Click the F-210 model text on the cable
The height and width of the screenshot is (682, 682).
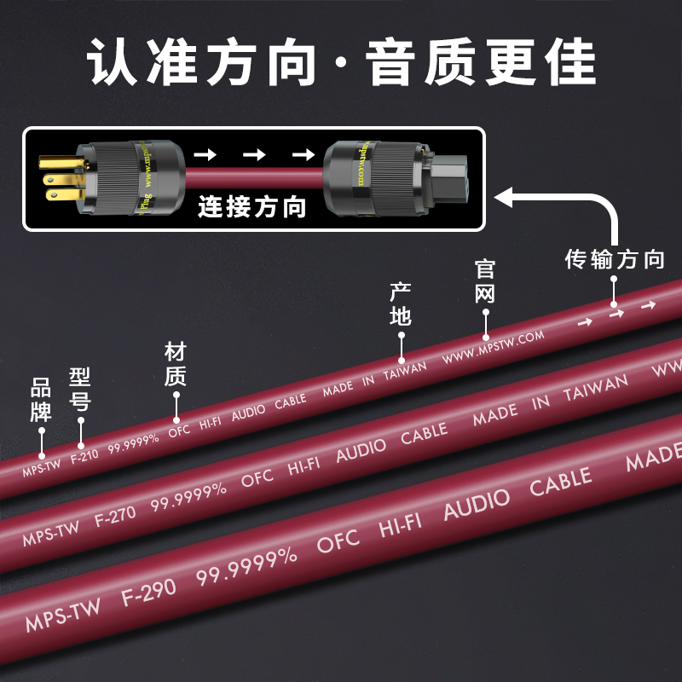(x=84, y=456)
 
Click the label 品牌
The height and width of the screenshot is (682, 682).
(x=41, y=401)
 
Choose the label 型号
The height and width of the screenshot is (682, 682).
(x=80, y=390)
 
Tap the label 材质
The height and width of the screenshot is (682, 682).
(x=175, y=364)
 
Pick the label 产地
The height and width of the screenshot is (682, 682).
(x=400, y=304)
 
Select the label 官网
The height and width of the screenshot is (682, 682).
(x=485, y=282)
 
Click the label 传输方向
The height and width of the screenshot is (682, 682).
(x=614, y=259)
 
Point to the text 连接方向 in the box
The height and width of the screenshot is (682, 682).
(x=251, y=207)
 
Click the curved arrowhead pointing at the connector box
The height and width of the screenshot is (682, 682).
(x=505, y=198)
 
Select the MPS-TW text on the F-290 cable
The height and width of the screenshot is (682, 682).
(x=61, y=615)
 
